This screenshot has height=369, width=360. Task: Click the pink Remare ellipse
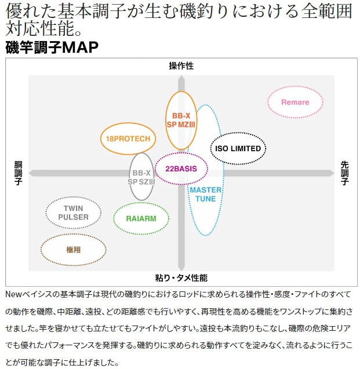click(295, 102)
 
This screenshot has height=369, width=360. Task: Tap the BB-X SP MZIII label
click(181, 120)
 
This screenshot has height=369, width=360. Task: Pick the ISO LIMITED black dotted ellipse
click(238, 148)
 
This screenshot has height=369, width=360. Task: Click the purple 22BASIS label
click(181, 169)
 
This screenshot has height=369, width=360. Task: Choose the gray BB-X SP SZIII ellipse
click(141, 177)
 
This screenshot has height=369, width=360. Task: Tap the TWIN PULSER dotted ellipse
click(73, 213)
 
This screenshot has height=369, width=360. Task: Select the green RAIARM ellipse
click(141, 218)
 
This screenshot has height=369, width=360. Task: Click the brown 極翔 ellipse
click(73, 250)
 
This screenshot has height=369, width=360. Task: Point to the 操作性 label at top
click(181, 66)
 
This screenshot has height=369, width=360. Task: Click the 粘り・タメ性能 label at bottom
click(181, 277)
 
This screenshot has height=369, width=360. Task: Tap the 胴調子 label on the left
click(18, 173)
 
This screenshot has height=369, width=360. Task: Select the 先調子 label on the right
click(345, 173)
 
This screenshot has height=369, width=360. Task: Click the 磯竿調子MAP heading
click(52, 48)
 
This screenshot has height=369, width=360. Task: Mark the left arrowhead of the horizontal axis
click(32, 173)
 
